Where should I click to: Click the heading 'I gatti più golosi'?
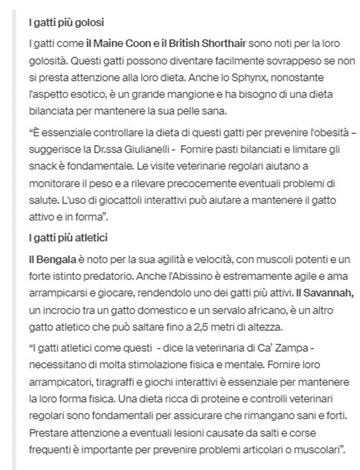[66, 23]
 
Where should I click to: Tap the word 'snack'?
[40, 166]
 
